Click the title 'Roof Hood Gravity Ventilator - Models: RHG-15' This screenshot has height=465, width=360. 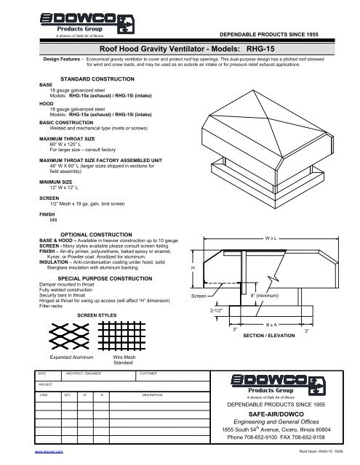[x=180, y=46]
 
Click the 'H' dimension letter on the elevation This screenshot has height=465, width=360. [x=191, y=268]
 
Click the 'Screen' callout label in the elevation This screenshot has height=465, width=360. [x=199, y=296]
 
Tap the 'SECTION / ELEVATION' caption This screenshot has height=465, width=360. [x=268, y=337]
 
